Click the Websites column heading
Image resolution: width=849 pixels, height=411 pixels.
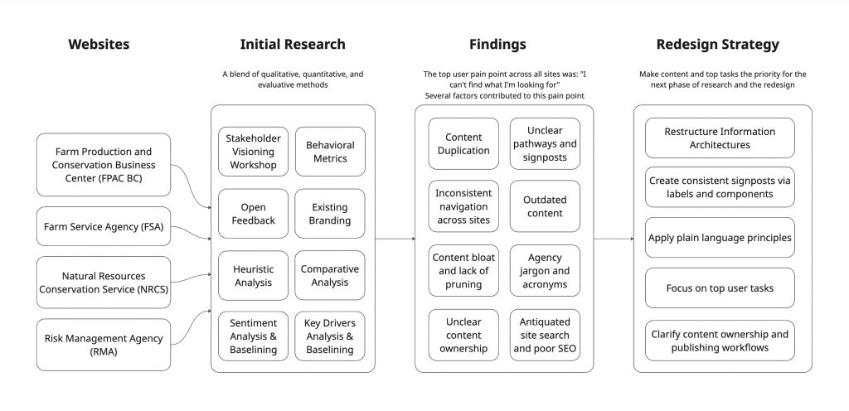pos(99,45)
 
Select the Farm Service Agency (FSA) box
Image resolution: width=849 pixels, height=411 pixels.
pos(104,226)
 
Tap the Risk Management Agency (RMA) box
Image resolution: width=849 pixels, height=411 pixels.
pos(104,345)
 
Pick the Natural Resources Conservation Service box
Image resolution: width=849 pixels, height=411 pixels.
pos(104,283)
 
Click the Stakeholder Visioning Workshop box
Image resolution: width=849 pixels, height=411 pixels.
pos(253,152)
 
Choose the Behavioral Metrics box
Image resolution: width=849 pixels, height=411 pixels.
pos(329,152)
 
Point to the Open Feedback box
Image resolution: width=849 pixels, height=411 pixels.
pos(253,214)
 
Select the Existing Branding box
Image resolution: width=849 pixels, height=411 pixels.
pos(329,214)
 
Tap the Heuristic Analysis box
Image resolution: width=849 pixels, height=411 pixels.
pos(253,276)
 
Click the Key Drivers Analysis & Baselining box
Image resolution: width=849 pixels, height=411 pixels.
pos(329,336)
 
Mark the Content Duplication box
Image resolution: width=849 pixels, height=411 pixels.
pos(463,144)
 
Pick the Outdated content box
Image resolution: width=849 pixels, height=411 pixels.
pos(544,206)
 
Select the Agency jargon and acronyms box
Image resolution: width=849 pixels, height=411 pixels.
pos(544,270)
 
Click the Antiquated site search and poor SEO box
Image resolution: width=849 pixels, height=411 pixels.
pos(544,335)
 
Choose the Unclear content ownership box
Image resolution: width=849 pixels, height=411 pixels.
pos(463,335)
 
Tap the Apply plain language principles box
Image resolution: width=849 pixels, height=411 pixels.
pos(719,238)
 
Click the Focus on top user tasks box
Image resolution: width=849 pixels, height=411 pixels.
pos(719,288)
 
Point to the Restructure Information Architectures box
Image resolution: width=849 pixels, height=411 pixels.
pos(719,138)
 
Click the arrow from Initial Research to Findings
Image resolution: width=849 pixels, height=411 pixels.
pos(395,239)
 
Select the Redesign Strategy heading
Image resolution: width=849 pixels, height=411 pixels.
pos(717,45)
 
